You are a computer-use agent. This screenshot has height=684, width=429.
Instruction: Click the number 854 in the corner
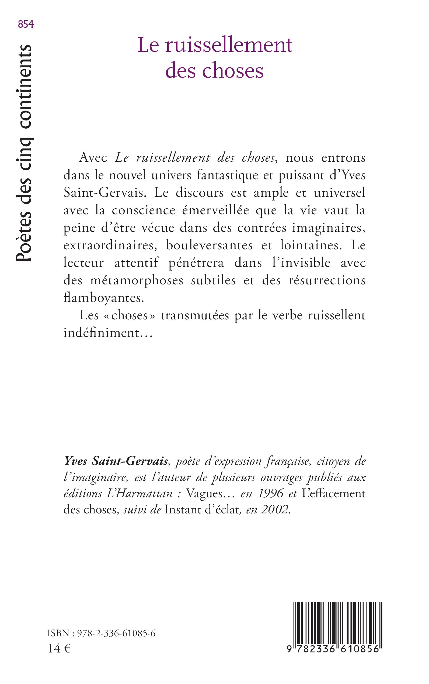click(26, 25)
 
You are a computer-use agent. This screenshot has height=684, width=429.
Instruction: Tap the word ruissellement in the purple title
click(228, 46)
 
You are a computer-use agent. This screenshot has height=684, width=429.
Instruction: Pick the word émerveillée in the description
click(215, 210)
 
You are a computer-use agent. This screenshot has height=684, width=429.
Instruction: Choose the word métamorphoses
click(137, 281)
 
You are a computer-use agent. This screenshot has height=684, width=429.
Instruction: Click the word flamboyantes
click(104, 298)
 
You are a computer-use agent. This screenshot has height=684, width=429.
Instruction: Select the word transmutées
click(195, 315)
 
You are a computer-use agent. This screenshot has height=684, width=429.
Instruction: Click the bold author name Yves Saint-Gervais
click(116, 461)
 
